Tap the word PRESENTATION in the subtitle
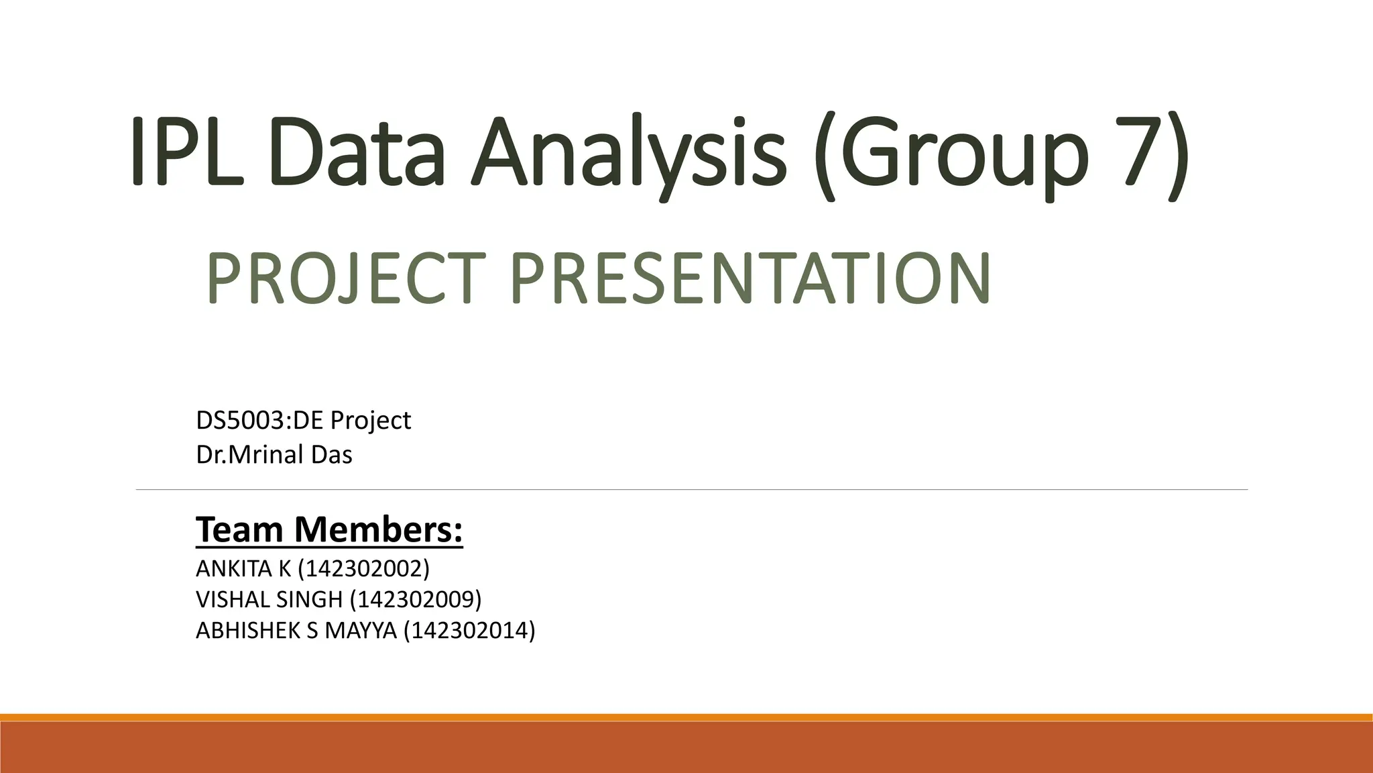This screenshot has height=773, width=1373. (750, 278)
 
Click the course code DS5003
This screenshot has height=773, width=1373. (241, 421)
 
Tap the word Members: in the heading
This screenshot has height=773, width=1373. (378, 529)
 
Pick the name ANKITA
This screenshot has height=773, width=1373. (234, 569)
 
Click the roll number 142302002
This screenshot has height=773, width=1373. (363, 569)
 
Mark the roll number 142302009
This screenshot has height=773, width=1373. (416, 599)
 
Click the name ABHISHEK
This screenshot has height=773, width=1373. (247, 631)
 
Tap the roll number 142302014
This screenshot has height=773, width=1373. (469, 631)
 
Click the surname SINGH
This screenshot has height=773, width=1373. (309, 599)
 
